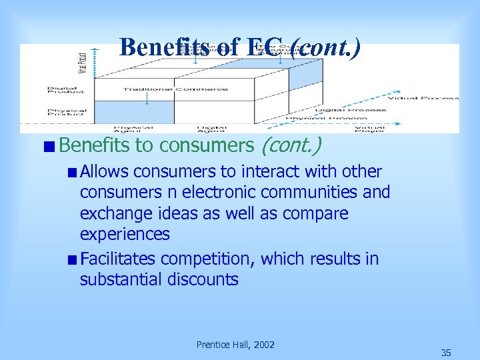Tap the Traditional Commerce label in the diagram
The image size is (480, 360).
pyautogui.click(x=175, y=89)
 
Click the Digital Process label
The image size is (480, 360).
pyautogui.click(x=351, y=109)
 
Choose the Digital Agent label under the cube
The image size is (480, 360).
pyautogui.click(x=211, y=127)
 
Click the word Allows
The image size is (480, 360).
pyautogui.click(x=104, y=171)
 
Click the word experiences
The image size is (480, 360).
pyautogui.click(x=125, y=235)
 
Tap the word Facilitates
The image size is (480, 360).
pyautogui.click(x=118, y=259)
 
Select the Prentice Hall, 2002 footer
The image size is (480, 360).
pyautogui.click(x=235, y=345)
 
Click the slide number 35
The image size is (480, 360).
pyautogui.click(x=446, y=353)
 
